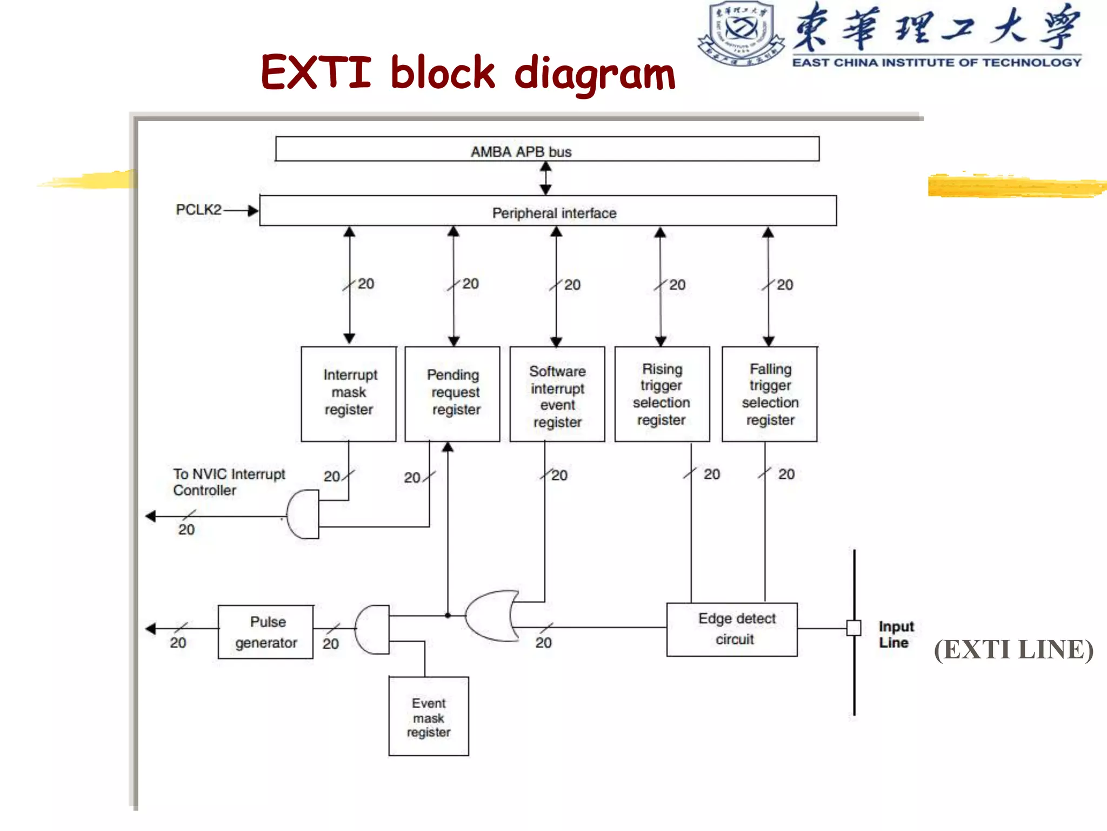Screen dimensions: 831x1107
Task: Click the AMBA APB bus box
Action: pos(547,149)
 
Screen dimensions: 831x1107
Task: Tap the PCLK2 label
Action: pos(198,210)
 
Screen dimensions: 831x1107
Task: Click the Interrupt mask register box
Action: pos(349,394)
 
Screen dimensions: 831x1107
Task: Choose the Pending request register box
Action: pos(452,394)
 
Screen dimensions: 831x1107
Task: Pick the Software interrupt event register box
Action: pos(557,394)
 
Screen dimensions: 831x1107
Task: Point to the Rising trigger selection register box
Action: pos(662,394)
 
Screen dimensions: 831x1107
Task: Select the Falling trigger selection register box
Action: pos(769,394)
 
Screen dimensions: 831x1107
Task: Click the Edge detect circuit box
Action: pos(732,629)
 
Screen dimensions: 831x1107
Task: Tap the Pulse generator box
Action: pos(265,632)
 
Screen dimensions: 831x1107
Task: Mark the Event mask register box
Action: pos(429,716)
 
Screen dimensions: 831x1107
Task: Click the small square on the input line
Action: pos(854,628)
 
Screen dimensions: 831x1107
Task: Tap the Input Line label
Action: pos(896,635)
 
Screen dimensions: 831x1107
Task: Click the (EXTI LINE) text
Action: pos(1013,650)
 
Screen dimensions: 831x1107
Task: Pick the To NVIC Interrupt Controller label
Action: pos(229,482)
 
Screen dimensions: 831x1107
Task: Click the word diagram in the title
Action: pos(595,74)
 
